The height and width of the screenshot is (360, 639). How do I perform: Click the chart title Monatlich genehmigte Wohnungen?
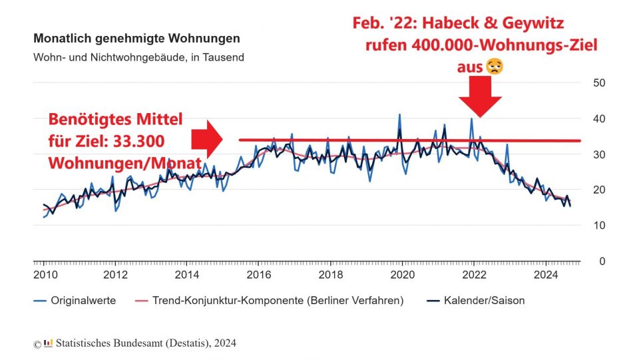pyautogui.click(x=136, y=39)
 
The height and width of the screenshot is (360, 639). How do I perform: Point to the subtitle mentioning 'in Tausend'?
pyautogui.click(x=138, y=57)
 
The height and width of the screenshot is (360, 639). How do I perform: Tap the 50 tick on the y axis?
pyautogui.click(x=598, y=83)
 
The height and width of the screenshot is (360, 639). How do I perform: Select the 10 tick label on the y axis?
pyautogui.click(x=598, y=226)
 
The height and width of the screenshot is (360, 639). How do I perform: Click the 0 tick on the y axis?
pyautogui.click(x=601, y=262)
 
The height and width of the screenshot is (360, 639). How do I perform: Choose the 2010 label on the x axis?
pyautogui.click(x=45, y=275)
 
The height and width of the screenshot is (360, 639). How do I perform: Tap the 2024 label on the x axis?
pyautogui.click(x=546, y=275)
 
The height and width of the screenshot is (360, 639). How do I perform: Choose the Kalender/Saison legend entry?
pyautogui.click(x=485, y=301)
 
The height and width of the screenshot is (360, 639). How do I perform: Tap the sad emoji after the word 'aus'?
pyautogui.click(x=493, y=67)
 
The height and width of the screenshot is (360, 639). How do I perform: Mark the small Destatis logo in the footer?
pyautogui.click(x=47, y=343)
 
